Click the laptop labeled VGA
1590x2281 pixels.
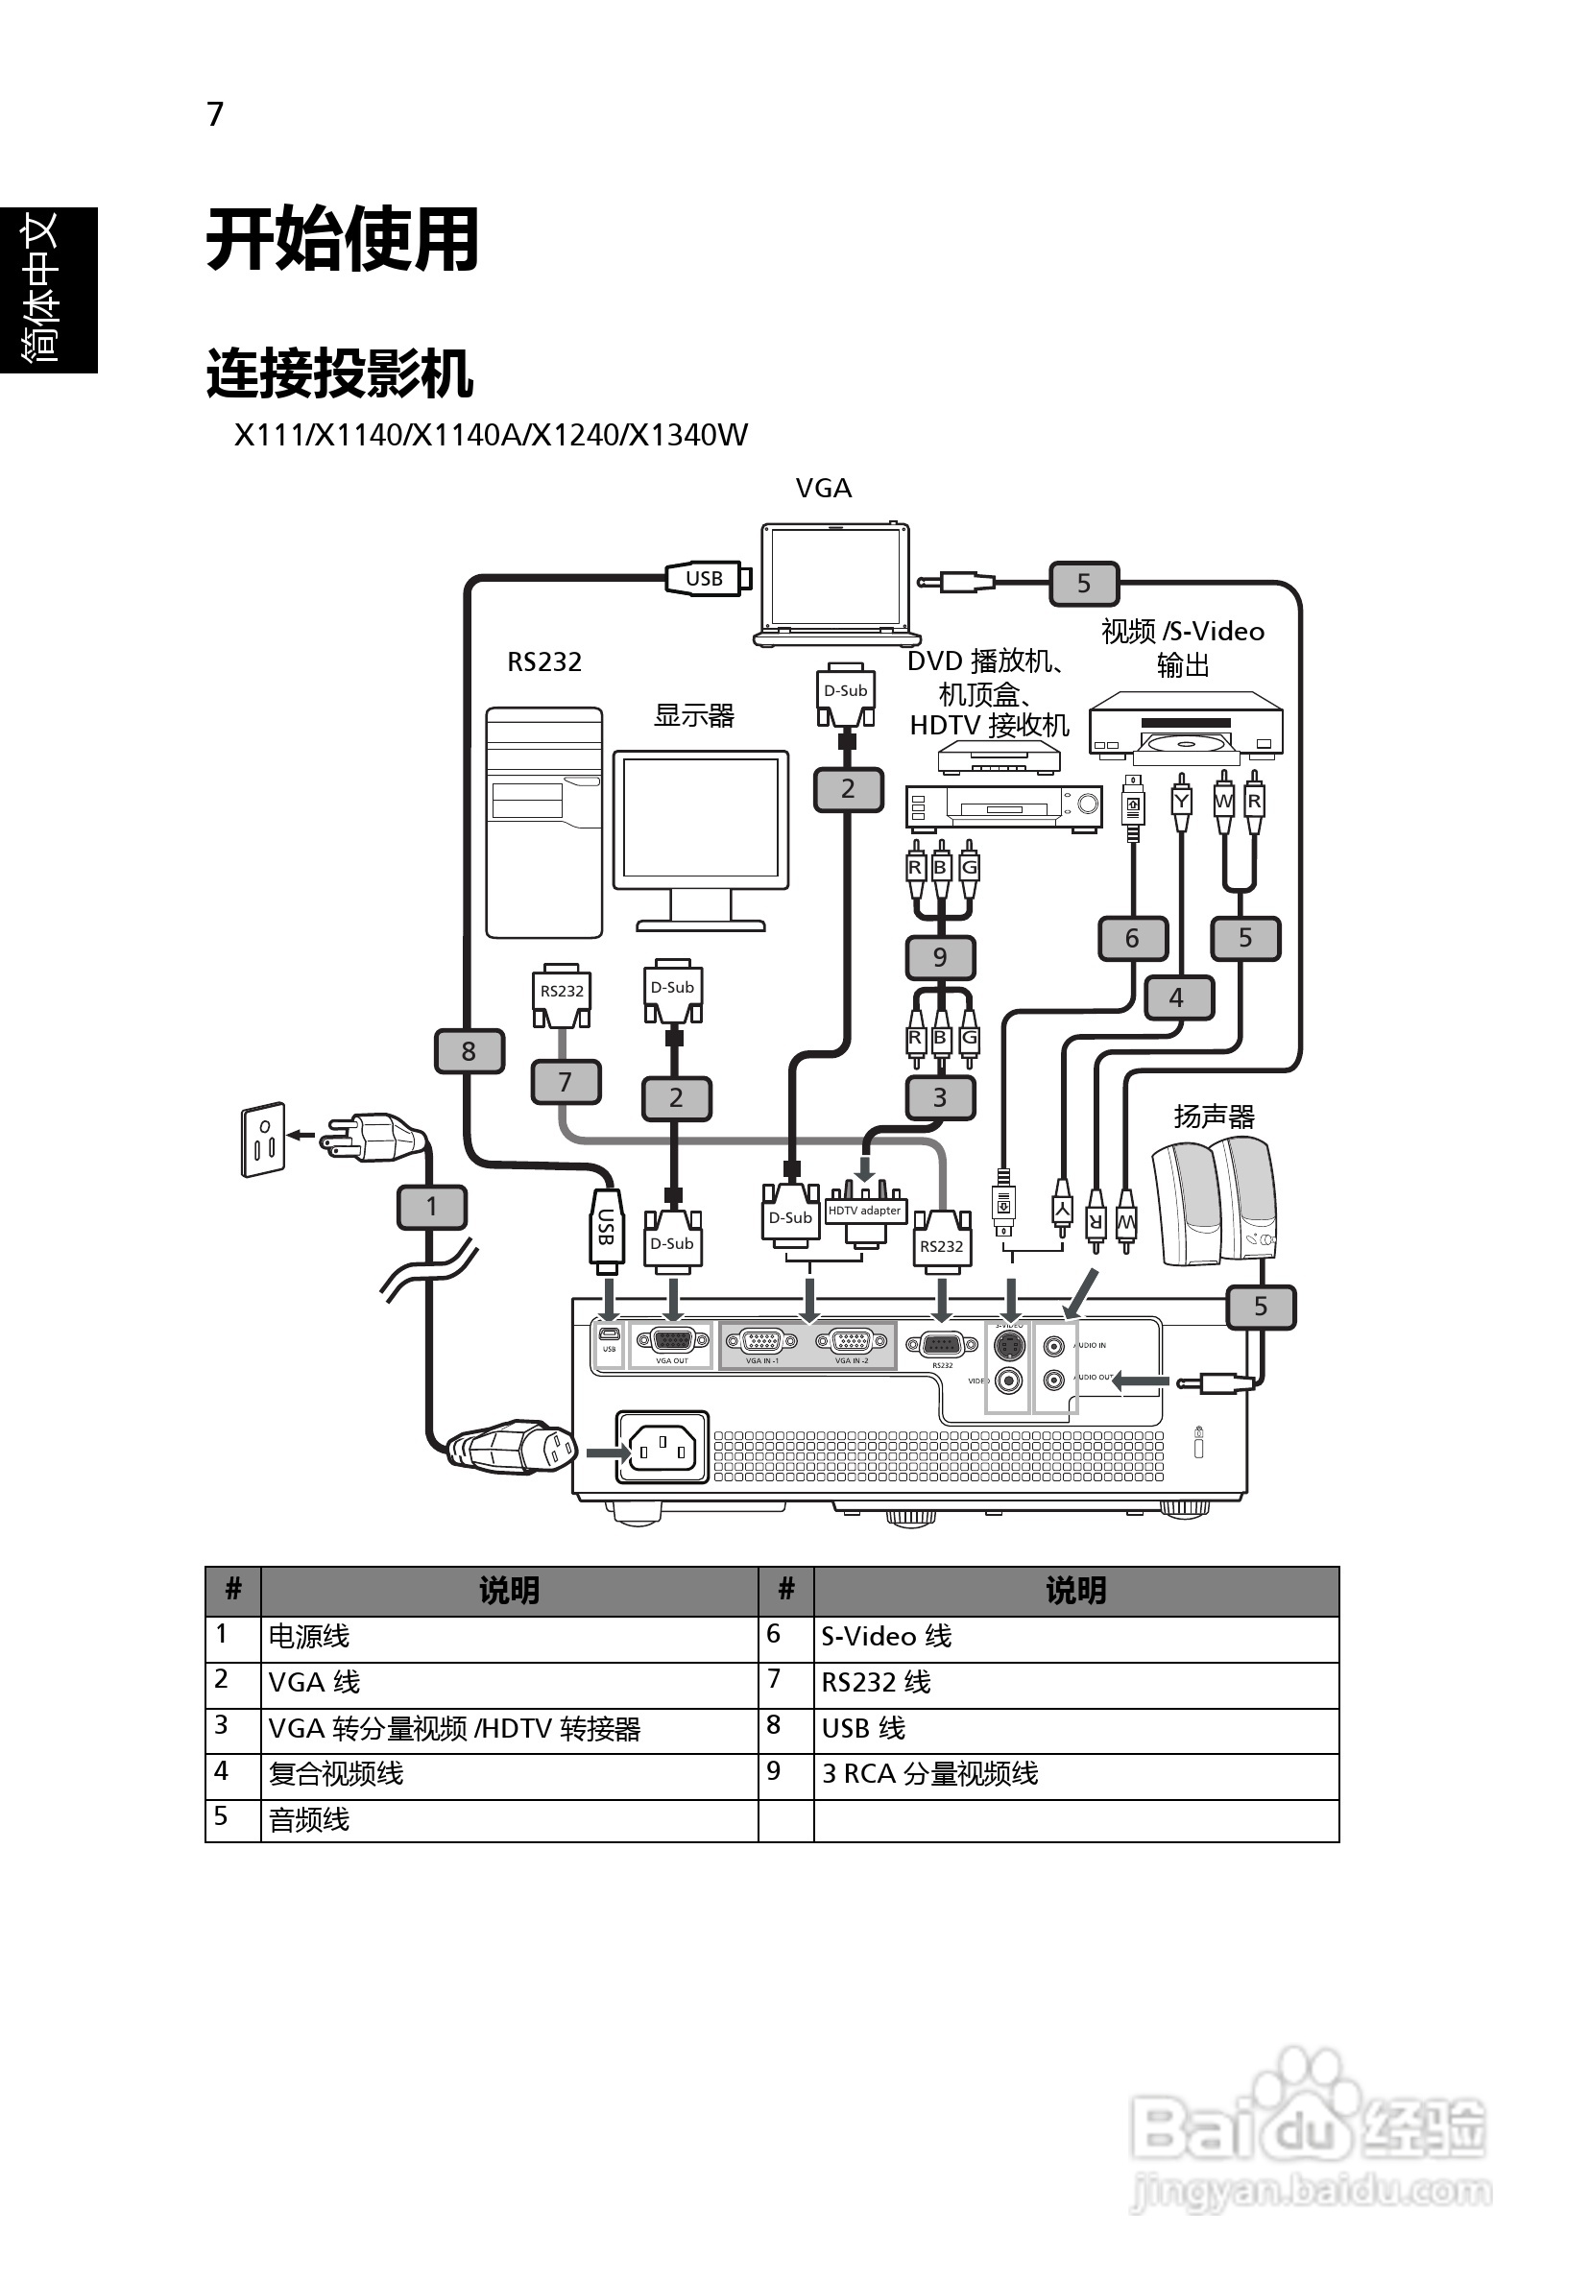pos(834,584)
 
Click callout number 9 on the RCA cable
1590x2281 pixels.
pos(940,957)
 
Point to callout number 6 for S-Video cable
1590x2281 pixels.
pos(1132,938)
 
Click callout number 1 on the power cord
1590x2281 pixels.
pos(431,1206)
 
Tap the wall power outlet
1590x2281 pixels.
pos(263,1140)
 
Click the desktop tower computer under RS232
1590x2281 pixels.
pos(543,822)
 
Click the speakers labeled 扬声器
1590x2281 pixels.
pos(1214,1202)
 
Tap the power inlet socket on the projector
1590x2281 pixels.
pos(662,1447)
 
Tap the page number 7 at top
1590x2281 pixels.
pos(216,114)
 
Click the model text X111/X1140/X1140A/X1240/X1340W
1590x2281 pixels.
pos(491,435)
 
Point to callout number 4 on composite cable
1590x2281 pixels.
pos(1176,996)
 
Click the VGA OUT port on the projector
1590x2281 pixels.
pos(672,1343)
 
